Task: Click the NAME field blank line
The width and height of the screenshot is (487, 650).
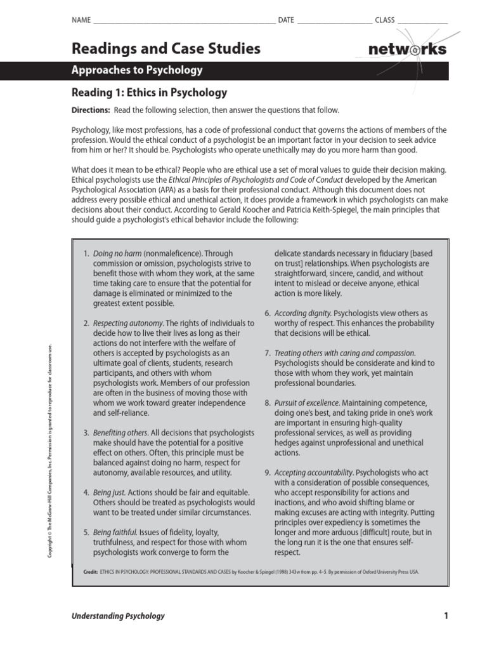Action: (x=184, y=20)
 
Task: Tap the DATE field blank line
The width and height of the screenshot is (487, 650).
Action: (x=334, y=20)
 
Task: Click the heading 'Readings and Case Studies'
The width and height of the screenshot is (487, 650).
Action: (x=166, y=48)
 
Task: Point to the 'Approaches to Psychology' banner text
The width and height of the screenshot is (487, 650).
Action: (x=137, y=70)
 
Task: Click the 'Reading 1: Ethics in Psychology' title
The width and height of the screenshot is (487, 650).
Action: (x=149, y=93)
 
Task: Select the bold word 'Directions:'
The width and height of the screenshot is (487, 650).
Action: (x=91, y=110)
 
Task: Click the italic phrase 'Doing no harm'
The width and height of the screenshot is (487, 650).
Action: (x=118, y=253)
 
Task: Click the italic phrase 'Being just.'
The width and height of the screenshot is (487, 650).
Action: (x=110, y=493)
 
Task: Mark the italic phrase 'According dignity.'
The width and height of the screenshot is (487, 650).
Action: (x=302, y=313)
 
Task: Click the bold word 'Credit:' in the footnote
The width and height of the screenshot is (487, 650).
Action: (x=90, y=572)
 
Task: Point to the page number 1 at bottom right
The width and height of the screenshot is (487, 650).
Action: (x=446, y=615)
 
